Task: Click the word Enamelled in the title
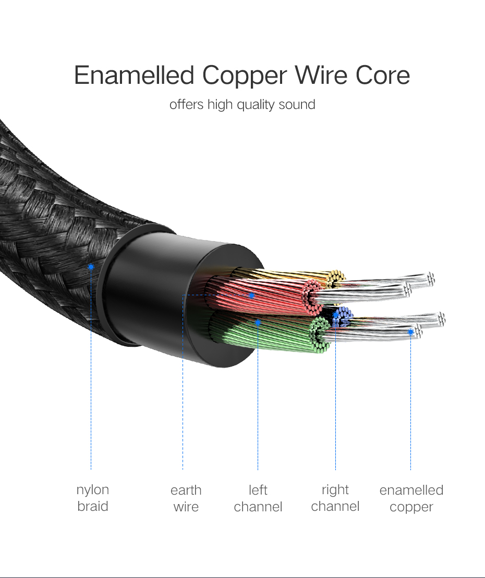135,76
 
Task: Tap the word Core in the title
383,76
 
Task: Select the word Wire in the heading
322,76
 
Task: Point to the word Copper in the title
244,77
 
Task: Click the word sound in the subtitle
297,104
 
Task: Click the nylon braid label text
93,498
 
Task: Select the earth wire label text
186,498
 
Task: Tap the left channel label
258,498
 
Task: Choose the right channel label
335,498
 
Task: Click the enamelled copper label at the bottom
411,498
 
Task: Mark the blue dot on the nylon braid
91,267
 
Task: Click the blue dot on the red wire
251,295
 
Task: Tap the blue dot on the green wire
258,323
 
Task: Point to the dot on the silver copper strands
411,332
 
